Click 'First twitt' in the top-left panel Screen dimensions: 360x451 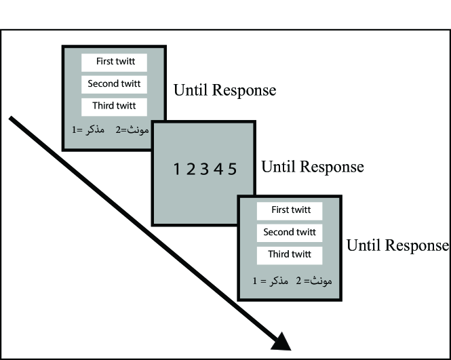[x=115, y=62]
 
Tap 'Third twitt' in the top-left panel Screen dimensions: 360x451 [x=115, y=106]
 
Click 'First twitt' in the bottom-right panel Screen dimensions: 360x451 [x=290, y=210]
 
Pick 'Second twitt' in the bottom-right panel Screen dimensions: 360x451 [x=289, y=232]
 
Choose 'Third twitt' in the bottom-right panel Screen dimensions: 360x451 [x=290, y=254]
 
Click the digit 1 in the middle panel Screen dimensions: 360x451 [x=176, y=169]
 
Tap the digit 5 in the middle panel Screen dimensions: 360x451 [x=233, y=169]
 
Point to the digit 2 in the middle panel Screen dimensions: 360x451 [x=191, y=169]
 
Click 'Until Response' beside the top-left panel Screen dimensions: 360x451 [x=224, y=90]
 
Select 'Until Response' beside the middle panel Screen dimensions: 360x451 [x=312, y=167]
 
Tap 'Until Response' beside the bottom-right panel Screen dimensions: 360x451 [x=397, y=245]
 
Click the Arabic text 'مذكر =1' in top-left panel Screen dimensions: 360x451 [x=86, y=129]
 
